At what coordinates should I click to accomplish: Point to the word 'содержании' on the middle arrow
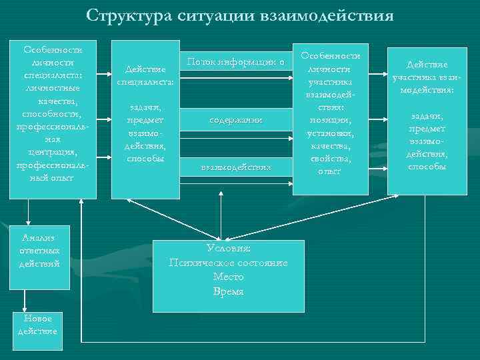[x=235, y=121]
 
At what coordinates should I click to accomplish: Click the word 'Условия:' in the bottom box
[x=229, y=248]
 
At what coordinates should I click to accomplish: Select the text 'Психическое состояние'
[x=229, y=263]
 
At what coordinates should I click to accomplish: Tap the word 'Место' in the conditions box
[x=229, y=277]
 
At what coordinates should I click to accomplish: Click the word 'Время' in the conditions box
[x=229, y=291]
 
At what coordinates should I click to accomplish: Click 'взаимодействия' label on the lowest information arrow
[x=236, y=167]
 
